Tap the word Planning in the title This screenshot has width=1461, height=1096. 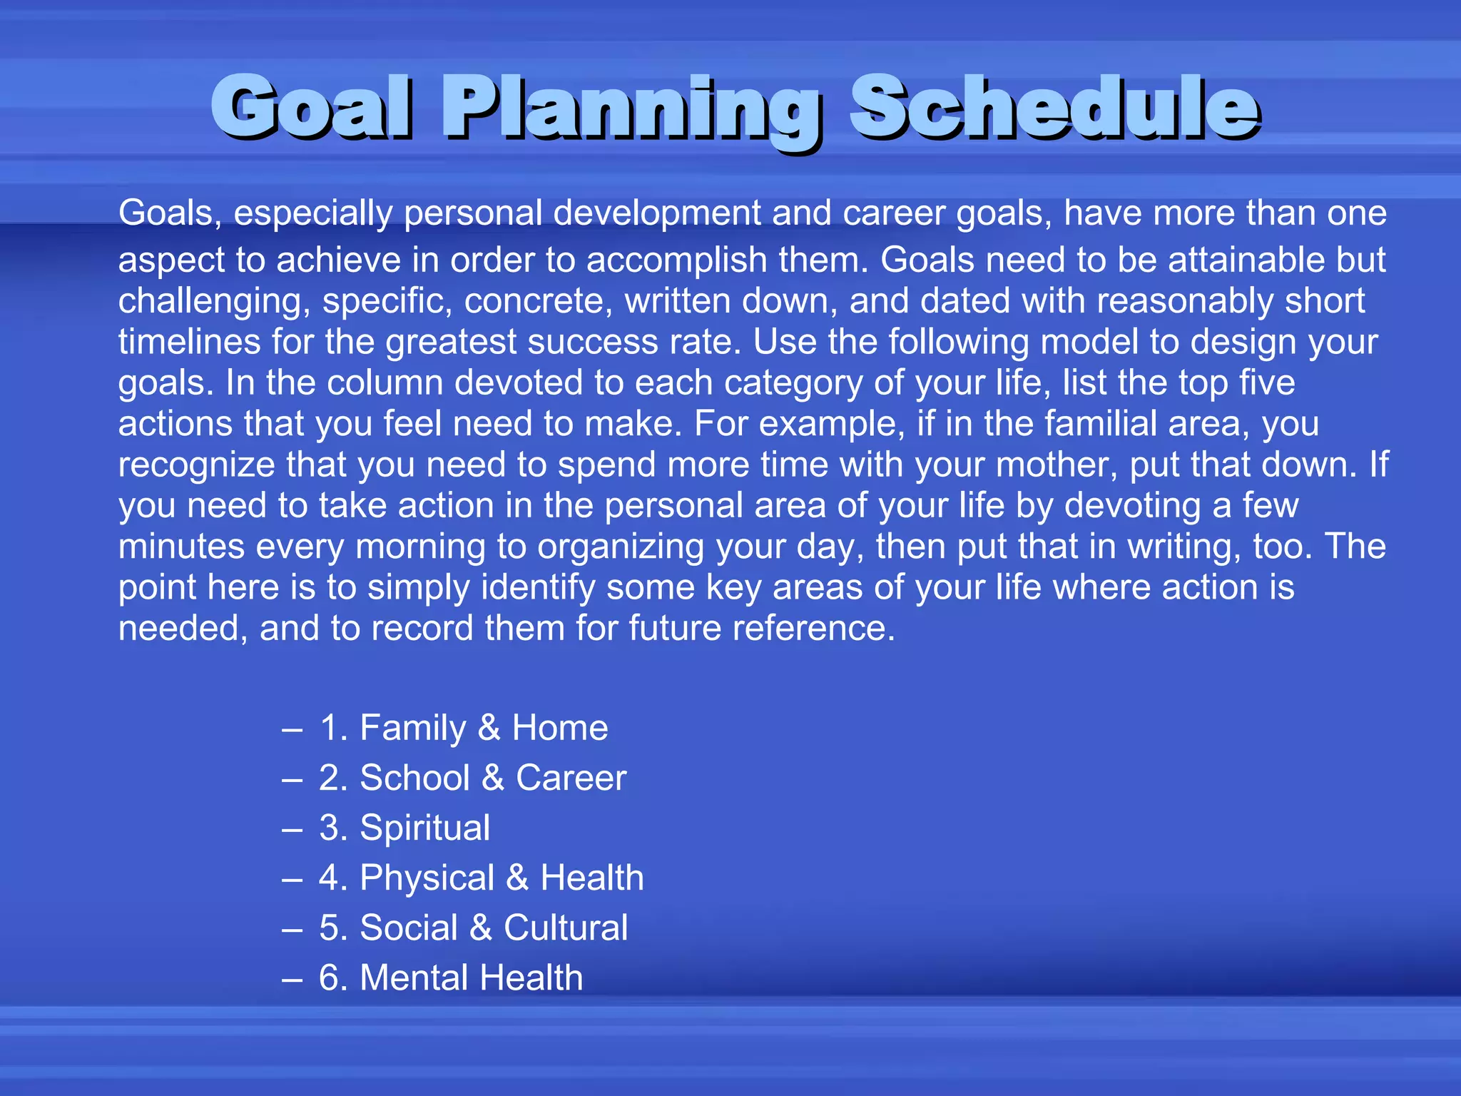(x=631, y=108)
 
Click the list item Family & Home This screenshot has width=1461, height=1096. (x=464, y=728)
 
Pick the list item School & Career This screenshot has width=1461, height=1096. (x=472, y=778)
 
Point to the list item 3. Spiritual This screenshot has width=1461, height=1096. (x=404, y=828)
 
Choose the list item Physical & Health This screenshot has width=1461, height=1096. (x=482, y=878)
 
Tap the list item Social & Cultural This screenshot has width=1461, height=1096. (x=473, y=928)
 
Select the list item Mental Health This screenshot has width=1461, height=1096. (x=451, y=978)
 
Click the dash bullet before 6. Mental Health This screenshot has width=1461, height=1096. (x=292, y=978)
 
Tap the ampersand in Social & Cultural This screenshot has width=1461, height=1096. (x=481, y=928)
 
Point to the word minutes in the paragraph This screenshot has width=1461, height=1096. (x=181, y=547)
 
